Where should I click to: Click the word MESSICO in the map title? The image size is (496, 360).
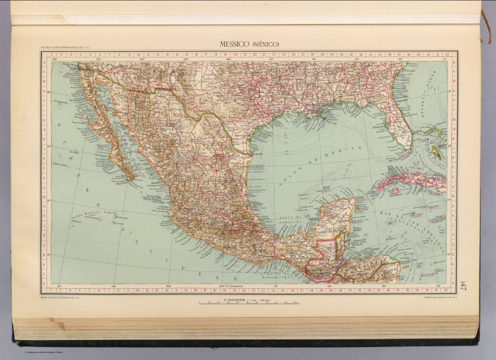(x=231, y=44)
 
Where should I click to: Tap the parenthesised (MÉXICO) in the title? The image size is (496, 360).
(x=265, y=44)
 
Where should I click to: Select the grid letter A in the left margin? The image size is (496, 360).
(x=45, y=63)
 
